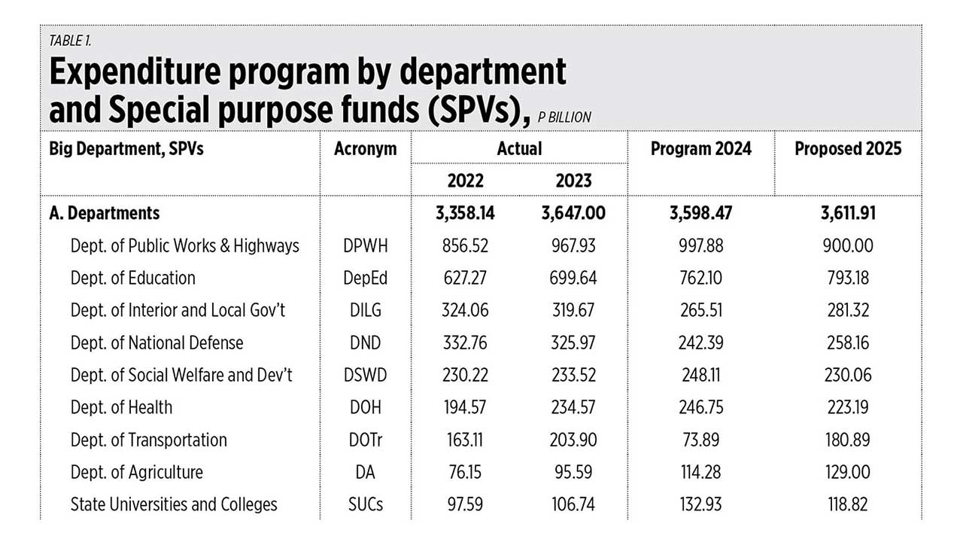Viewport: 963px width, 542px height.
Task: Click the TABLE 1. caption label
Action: [70, 41]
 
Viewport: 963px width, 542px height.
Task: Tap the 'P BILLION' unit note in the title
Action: [564, 117]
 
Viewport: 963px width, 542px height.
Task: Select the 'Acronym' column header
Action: [365, 148]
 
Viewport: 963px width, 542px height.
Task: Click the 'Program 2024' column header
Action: [700, 148]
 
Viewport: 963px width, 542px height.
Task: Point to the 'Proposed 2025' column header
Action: [848, 148]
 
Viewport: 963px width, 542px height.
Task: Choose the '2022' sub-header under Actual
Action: [465, 181]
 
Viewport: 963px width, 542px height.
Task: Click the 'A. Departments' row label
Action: [105, 213]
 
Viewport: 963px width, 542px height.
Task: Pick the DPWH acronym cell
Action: [365, 246]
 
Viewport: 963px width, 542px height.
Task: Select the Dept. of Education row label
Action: [132, 278]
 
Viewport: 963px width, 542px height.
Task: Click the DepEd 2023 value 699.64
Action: [573, 278]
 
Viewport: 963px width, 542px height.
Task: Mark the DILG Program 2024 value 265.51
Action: [700, 310]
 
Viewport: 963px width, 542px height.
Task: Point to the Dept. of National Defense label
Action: [156, 343]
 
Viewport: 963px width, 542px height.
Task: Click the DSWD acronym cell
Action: [365, 375]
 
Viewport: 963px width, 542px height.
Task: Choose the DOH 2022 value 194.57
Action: [465, 407]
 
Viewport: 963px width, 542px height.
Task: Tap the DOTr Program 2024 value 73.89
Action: [700, 440]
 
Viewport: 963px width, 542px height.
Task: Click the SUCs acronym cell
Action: [365, 504]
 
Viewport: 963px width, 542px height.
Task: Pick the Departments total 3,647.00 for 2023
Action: [573, 213]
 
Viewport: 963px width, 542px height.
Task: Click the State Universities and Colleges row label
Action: [174, 504]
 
